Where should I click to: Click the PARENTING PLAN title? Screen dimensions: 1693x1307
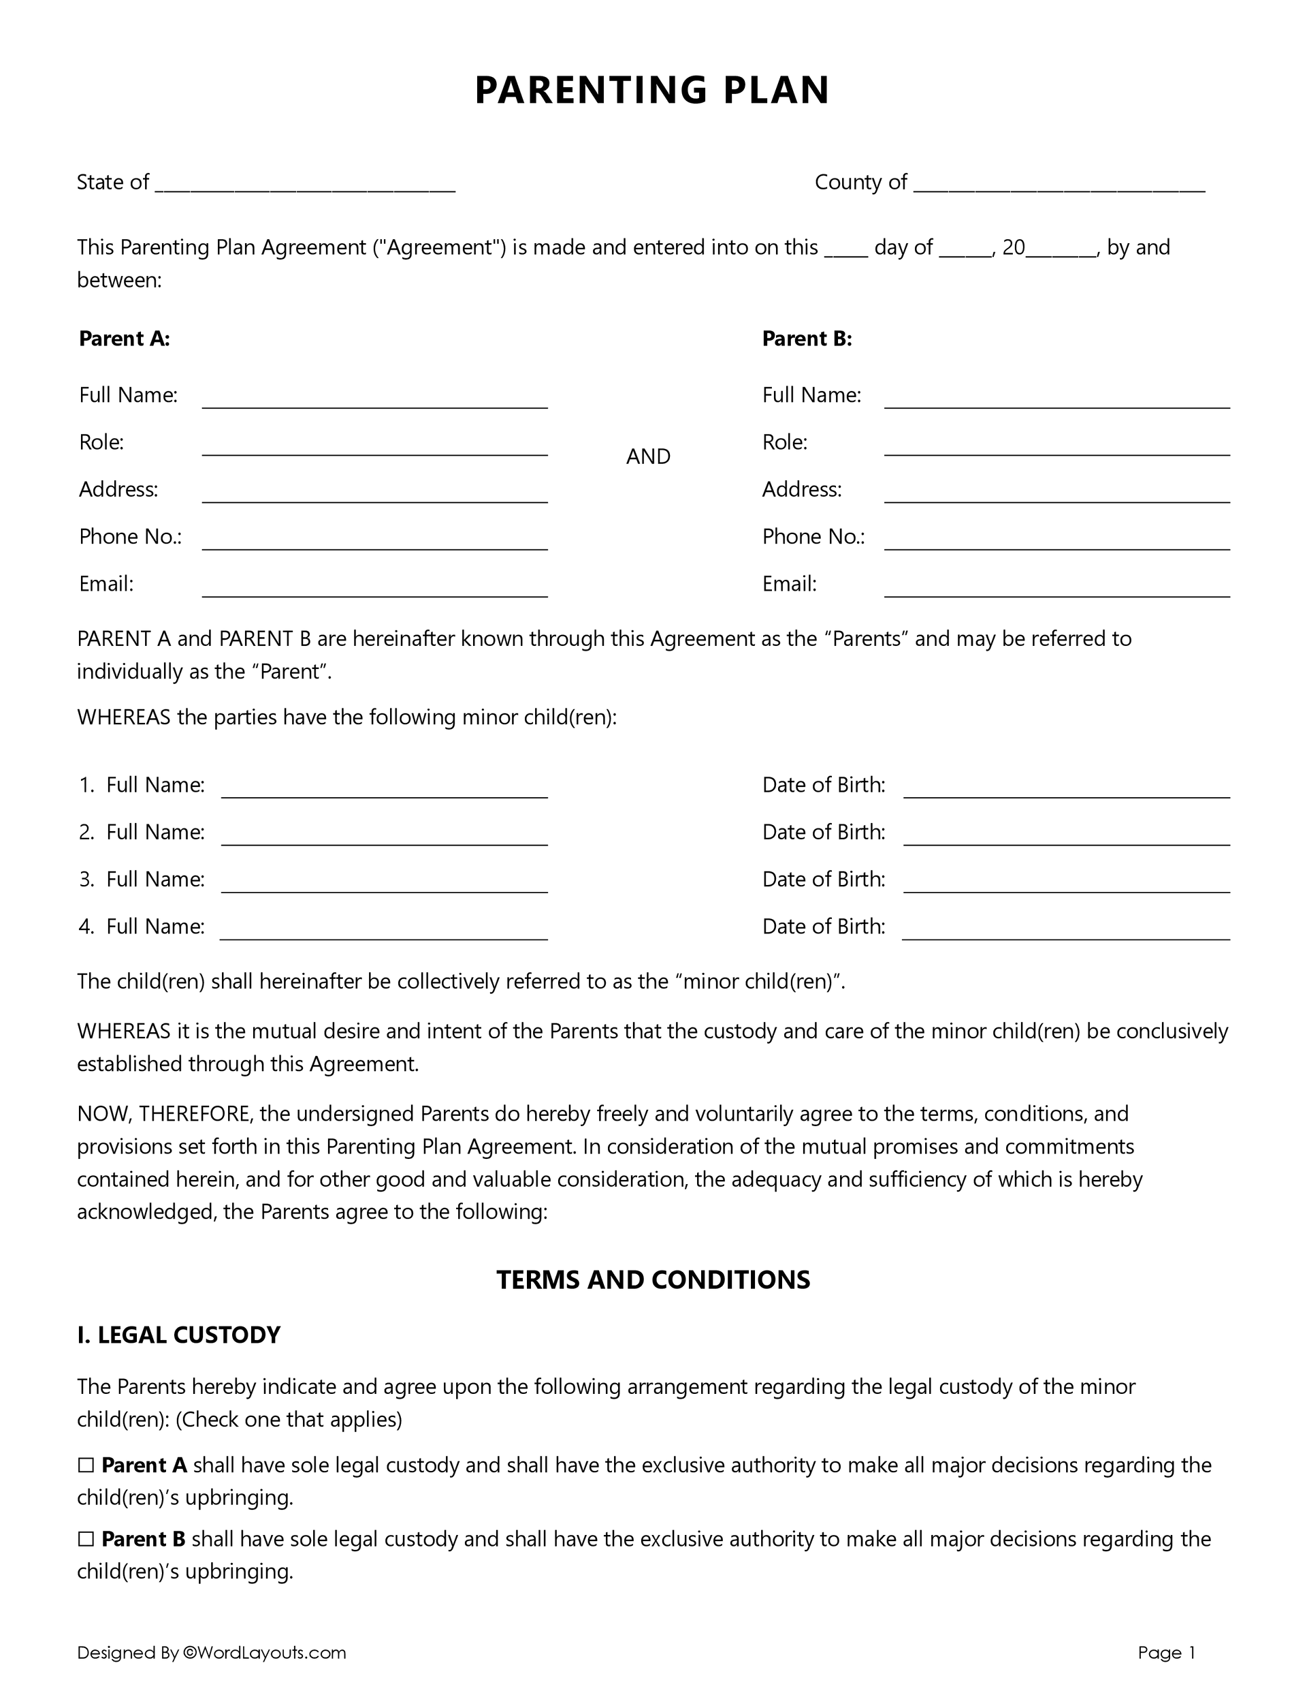point(651,90)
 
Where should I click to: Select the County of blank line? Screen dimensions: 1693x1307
point(1059,186)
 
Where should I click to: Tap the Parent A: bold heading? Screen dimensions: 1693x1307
point(125,339)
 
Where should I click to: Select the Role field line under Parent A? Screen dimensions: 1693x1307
point(375,448)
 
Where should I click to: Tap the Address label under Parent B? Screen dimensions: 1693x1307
point(801,490)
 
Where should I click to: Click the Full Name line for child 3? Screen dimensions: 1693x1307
point(385,884)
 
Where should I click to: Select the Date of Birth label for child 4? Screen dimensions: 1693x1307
point(823,927)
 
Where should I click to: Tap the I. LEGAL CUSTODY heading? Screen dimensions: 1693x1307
point(178,1335)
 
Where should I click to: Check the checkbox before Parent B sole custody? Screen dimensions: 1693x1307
point(85,1540)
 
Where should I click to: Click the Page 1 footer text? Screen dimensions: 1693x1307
point(1166,1653)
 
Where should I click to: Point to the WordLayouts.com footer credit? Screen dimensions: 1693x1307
point(263,1653)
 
